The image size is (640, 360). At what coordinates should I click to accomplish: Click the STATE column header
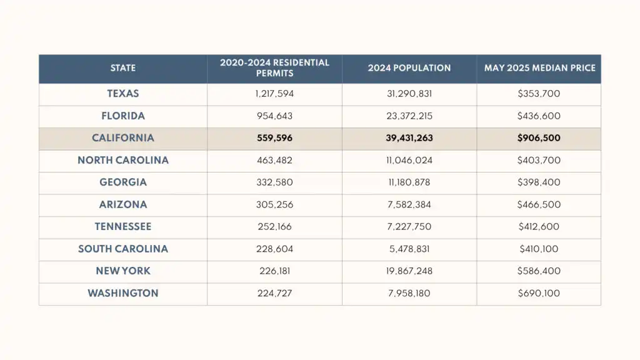(123, 68)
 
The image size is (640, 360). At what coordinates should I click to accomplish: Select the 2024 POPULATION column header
(409, 68)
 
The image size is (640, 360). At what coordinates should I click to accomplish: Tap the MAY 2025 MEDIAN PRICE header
(539, 68)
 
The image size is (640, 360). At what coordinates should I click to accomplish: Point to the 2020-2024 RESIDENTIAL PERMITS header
(274, 68)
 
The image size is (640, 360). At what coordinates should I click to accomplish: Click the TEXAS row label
(123, 94)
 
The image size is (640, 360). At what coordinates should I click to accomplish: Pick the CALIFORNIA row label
(123, 138)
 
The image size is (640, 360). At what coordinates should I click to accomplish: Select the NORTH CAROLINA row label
(123, 160)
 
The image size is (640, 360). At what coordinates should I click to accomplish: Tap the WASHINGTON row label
(123, 293)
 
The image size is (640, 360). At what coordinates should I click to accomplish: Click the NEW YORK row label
(123, 271)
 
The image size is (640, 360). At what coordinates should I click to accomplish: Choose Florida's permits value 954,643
(274, 116)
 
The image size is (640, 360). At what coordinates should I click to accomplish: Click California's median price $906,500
(539, 138)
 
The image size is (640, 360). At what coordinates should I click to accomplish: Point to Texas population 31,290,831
(409, 94)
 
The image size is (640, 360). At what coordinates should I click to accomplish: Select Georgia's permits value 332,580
(274, 182)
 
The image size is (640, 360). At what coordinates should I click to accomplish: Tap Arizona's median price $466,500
(539, 204)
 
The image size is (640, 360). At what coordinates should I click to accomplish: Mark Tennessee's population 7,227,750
(409, 227)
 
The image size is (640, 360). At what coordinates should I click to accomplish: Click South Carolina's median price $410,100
(539, 249)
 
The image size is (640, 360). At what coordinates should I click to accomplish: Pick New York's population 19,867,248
(409, 271)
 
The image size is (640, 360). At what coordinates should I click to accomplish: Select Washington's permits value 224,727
(274, 293)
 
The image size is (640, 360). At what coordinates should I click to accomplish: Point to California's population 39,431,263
(409, 138)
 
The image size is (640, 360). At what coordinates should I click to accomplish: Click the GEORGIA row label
(123, 182)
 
